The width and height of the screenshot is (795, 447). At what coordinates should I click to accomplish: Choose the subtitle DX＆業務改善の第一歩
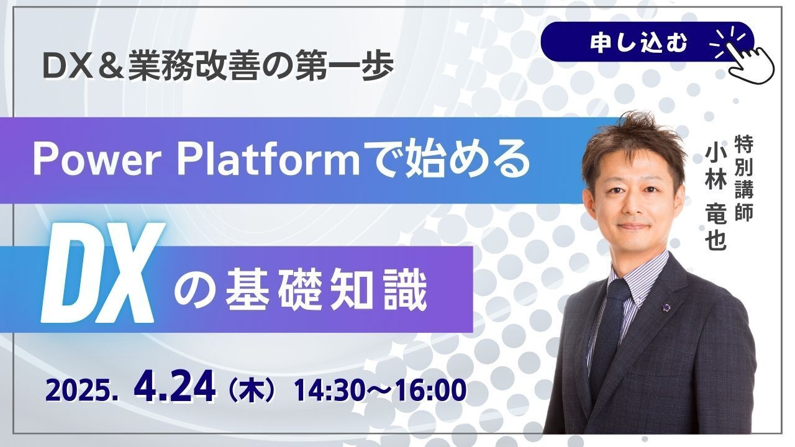point(218,66)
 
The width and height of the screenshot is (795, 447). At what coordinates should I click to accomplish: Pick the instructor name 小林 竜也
point(716,198)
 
